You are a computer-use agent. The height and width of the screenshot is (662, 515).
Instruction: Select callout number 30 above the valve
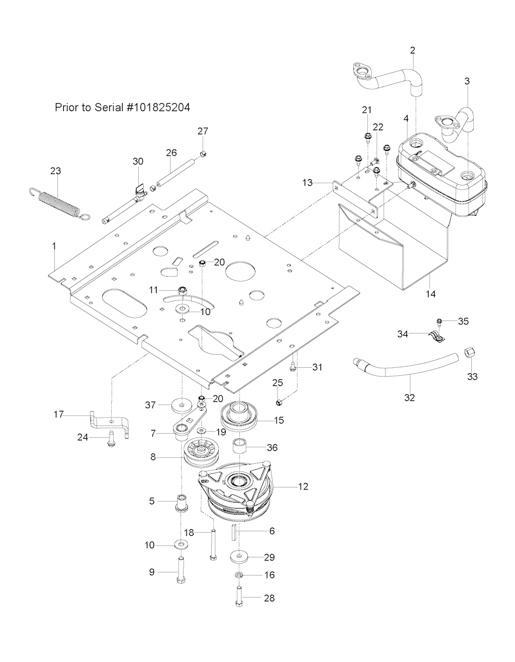(x=138, y=161)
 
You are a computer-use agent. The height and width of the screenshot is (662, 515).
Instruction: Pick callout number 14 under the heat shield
(x=431, y=294)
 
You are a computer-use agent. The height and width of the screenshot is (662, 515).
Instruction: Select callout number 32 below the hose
(x=410, y=397)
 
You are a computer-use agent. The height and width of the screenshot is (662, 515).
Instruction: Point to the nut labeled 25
(x=280, y=401)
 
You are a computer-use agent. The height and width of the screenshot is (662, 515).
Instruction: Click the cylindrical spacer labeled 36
(x=240, y=447)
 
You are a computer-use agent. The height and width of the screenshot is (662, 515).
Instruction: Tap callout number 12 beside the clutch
(x=303, y=486)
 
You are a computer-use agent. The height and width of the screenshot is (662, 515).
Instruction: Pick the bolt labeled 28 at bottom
(x=238, y=598)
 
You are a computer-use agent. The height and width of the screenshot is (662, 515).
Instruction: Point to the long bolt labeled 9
(x=181, y=572)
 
